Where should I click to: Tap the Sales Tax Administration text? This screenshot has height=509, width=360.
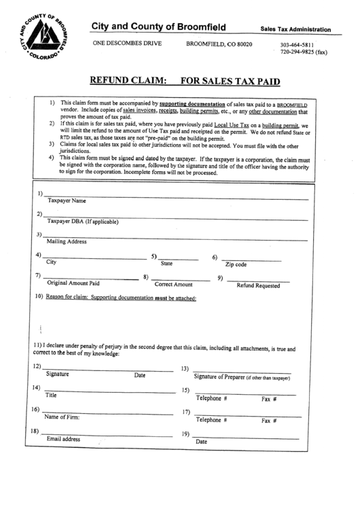(x=295, y=30)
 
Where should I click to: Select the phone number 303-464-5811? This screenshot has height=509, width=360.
(x=298, y=46)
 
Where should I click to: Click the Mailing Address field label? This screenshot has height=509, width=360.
(x=67, y=241)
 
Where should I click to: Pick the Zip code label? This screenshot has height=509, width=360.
(x=236, y=264)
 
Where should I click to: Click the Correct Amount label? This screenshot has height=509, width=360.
(x=173, y=284)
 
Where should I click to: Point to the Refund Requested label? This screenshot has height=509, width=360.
(x=257, y=285)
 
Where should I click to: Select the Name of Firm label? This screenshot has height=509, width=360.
(x=62, y=417)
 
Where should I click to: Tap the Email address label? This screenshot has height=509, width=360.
(x=63, y=439)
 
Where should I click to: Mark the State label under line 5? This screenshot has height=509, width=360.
(x=166, y=263)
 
